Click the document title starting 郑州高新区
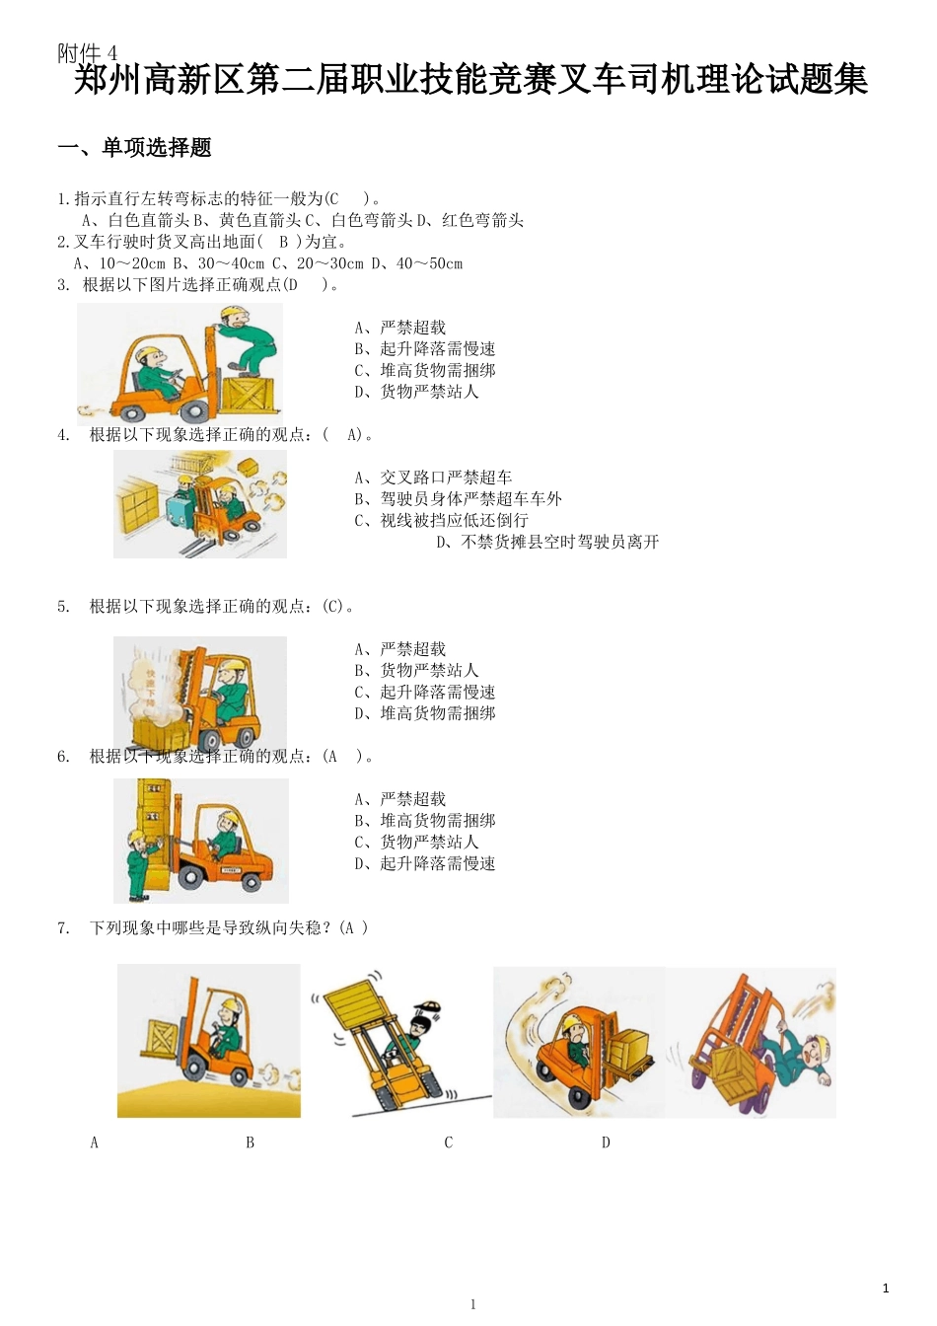(470, 80)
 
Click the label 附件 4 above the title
(87, 53)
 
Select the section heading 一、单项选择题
(135, 148)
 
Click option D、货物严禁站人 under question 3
(416, 392)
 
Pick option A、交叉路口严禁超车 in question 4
(433, 478)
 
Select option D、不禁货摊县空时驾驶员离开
(547, 542)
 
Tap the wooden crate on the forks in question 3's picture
(251, 394)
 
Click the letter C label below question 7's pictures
(448, 1142)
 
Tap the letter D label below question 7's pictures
(606, 1142)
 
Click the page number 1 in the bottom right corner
(886, 1288)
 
